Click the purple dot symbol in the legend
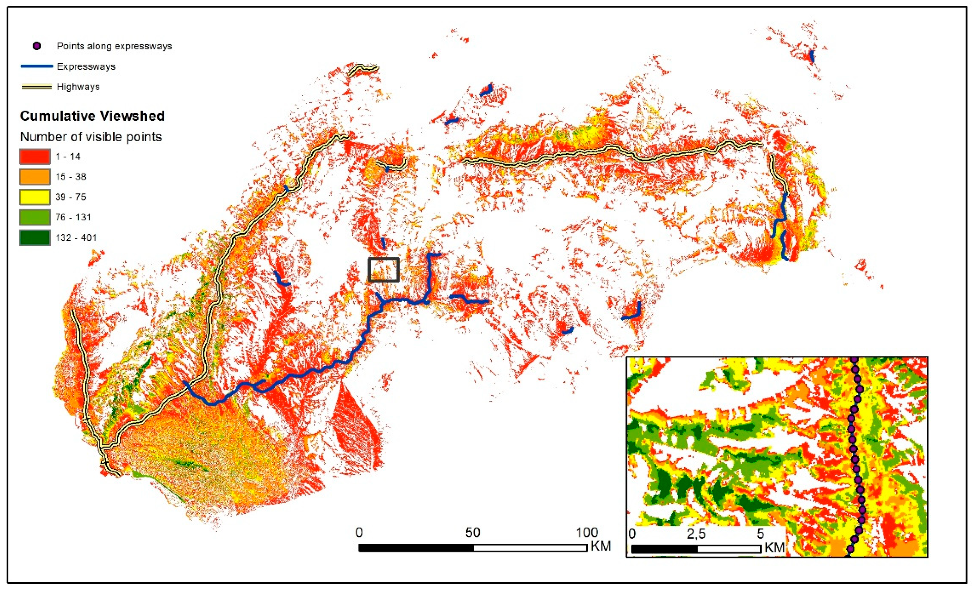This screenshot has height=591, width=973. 37,46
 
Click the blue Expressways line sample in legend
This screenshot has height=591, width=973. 37,66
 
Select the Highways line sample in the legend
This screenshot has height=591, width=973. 37,87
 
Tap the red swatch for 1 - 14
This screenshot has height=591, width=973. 35,157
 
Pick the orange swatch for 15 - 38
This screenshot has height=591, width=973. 35,177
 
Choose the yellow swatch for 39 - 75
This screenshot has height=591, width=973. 35,197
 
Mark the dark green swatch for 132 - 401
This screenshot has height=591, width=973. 35,238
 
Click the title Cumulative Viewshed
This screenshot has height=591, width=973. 92,116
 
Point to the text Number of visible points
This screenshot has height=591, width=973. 91,137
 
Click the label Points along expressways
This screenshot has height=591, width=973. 114,46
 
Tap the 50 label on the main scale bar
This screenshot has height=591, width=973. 473,533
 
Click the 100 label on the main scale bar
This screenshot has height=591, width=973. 587,533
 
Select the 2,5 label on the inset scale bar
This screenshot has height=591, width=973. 696,534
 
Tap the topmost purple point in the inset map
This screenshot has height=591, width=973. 854,360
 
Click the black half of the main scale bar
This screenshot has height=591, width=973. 416,548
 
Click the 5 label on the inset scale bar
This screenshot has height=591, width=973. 760,534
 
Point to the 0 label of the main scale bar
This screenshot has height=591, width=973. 359,533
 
